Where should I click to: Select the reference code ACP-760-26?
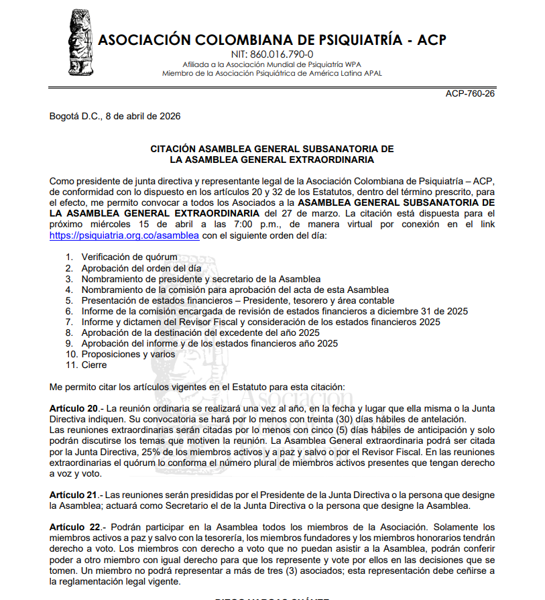point(470,93)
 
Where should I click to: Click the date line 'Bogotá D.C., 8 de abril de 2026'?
point(115,116)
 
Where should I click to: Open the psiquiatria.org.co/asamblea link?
point(124,236)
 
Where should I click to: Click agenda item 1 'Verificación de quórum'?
point(129,257)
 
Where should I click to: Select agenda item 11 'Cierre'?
point(94,365)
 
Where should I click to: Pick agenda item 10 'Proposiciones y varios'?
point(128,354)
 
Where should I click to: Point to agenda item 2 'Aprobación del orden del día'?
point(141,267)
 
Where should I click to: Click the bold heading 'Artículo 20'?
point(73,408)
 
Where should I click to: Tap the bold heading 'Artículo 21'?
point(73,495)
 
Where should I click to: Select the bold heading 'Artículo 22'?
point(73,527)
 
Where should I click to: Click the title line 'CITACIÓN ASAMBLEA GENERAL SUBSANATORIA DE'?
point(271,149)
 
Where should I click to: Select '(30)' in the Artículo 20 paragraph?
point(349,419)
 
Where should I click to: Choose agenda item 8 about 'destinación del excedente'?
point(200,333)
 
